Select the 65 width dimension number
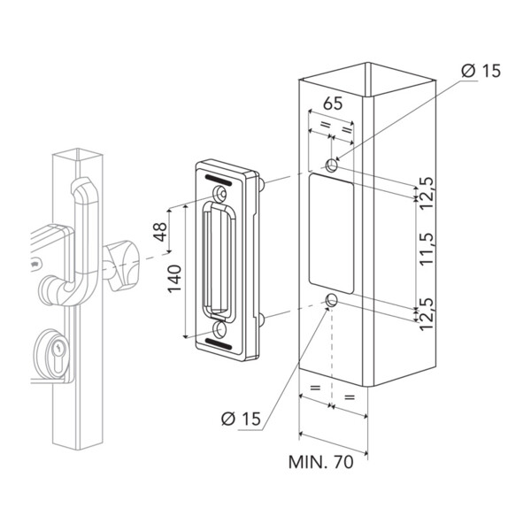[332, 103]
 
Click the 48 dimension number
[160, 233]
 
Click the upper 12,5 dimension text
[427, 189]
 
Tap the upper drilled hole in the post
[332, 165]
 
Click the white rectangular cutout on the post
[333, 233]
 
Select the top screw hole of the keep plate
[219, 194]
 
